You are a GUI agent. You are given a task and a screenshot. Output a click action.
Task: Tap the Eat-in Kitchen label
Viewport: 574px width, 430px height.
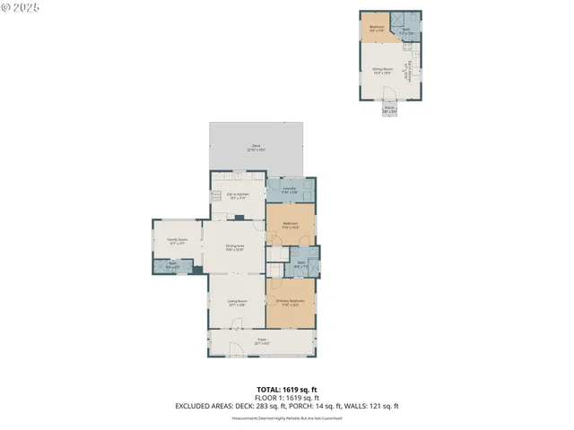pyautogui.click(x=238, y=195)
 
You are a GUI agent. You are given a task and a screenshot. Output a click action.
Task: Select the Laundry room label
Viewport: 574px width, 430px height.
pyautogui.click(x=289, y=189)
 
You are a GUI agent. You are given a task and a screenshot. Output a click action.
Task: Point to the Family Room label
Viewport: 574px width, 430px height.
pyautogui.click(x=177, y=240)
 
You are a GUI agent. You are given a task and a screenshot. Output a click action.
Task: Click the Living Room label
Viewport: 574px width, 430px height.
pyautogui.click(x=237, y=303)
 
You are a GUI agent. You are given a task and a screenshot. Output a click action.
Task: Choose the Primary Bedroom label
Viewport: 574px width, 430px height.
pyautogui.click(x=290, y=302)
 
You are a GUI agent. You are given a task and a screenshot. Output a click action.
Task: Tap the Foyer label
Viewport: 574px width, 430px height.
pyautogui.click(x=262, y=340)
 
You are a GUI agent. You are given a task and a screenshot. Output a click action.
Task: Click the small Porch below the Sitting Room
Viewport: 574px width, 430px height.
pyautogui.click(x=389, y=109)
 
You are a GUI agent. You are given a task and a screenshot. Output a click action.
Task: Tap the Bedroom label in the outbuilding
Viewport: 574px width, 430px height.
pyautogui.click(x=377, y=28)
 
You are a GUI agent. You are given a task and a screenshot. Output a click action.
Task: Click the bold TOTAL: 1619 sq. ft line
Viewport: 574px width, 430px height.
pyautogui.click(x=287, y=389)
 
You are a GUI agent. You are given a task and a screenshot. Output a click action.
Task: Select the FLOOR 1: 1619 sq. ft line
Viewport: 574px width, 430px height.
pyautogui.click(x=287, y=397)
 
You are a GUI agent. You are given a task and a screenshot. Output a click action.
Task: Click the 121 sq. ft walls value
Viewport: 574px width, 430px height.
pyautogui.click(x=383, y=406)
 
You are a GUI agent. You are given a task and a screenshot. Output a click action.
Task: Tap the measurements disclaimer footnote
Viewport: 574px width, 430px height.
pyautogui.click(x=287, y=417)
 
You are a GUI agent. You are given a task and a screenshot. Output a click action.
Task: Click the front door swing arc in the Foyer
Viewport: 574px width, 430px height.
pyautogui.click(x=235, y=349)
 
